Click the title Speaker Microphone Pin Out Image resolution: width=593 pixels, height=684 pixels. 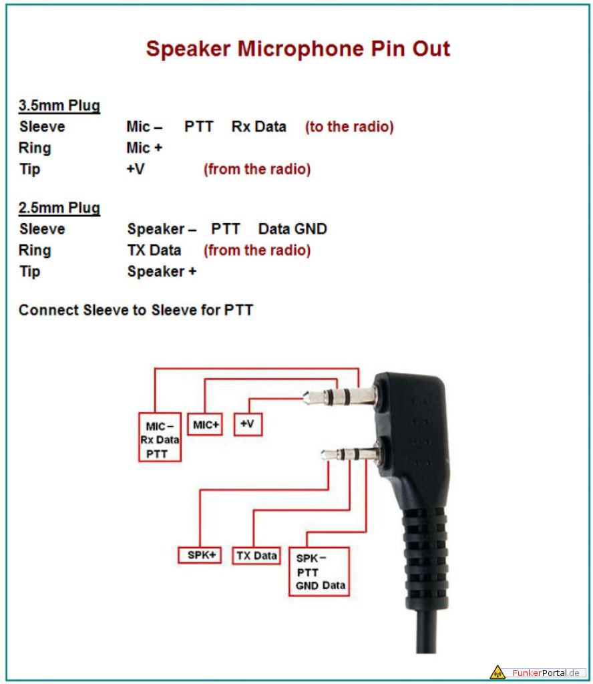coord(298,49)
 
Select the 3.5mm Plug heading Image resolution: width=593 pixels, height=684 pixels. coord(59,106)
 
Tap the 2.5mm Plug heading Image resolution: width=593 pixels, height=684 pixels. coord(59,208)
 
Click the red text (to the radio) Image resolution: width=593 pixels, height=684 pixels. coord(349,126)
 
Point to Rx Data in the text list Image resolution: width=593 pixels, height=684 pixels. coord(259,126)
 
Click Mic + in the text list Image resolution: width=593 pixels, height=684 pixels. coord(144,148)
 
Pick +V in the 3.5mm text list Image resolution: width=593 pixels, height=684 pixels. coord(136,169)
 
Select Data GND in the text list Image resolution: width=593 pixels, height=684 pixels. coord(292,229)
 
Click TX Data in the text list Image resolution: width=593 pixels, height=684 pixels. coord(154,250)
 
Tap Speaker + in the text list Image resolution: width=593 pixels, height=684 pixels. coord(162,271)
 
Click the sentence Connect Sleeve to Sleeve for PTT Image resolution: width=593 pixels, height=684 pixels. coord(136,310)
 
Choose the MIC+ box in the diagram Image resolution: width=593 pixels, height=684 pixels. coord(205,424)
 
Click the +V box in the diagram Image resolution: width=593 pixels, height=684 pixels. coord(248,424)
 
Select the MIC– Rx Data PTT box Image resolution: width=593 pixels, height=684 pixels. coord(160,437)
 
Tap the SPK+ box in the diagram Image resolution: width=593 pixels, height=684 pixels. coord(200,555)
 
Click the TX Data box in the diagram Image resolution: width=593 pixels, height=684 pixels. coord(256,556)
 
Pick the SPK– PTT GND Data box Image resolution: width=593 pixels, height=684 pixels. coord(319,572)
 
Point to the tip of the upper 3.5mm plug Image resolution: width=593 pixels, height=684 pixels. coord(305,397)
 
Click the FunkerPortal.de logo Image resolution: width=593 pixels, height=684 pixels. coord(538,672)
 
